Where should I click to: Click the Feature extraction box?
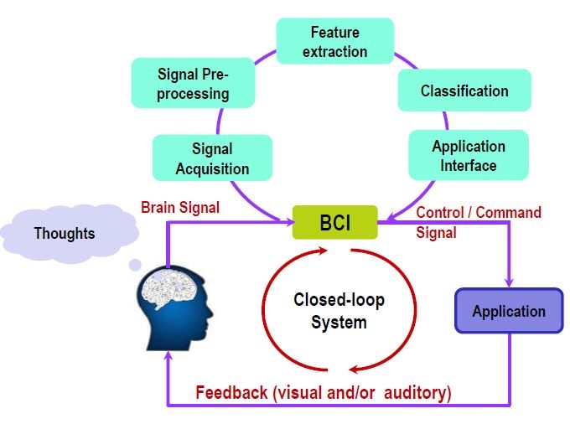[334, 42]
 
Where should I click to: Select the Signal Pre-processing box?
[193, 83]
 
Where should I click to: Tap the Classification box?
[464, 90]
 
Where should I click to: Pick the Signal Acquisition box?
[212, 158]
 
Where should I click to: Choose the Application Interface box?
[469, 155]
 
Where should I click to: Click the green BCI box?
[334, 223]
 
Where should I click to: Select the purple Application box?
[508, 312]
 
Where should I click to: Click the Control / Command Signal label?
[478, 222]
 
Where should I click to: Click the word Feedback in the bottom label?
[232, 392]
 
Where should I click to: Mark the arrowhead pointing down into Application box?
[508, 281]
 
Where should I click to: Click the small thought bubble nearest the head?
[134, 266]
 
